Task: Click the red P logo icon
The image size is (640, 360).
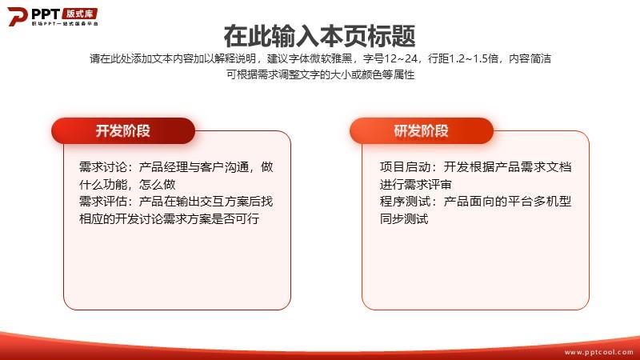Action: (17, 16)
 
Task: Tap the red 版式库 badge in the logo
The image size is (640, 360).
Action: (79, 14)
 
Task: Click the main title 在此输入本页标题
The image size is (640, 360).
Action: (319, 36)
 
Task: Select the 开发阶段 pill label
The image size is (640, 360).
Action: (123, 130)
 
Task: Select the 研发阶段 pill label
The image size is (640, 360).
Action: (422, 130)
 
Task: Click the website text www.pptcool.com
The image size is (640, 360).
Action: (598, 352)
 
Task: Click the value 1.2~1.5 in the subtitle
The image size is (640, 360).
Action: (474, 58)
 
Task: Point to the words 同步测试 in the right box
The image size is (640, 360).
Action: (404, 218)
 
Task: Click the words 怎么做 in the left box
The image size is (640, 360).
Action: (157, 185)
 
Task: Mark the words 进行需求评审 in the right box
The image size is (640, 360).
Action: (416, 185)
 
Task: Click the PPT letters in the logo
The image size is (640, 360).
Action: (46, 14)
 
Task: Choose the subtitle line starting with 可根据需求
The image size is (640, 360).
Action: (321, 74)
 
